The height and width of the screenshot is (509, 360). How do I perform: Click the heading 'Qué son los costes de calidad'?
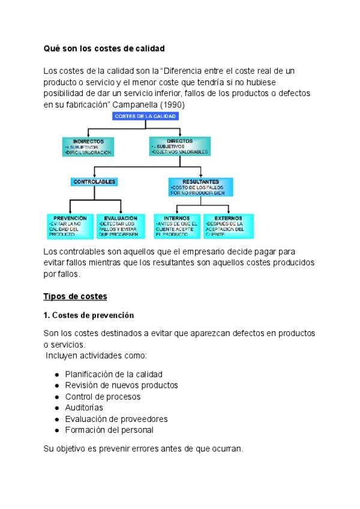pos(104,48)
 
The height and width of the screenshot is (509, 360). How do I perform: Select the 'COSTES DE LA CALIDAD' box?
pos(145,116)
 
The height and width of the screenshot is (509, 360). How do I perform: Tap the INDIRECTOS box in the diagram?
pos(88,147)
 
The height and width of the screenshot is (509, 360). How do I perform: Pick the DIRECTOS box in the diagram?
pos(181,147)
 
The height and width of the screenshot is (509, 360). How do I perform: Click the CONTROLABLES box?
pos(94,181)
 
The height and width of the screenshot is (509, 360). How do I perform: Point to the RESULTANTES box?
pos(200,187)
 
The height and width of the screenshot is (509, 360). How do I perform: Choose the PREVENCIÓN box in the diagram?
pos(70,226)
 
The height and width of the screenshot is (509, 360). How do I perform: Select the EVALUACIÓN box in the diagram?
pos(121,226)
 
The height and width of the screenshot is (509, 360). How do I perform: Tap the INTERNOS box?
pos(176,226)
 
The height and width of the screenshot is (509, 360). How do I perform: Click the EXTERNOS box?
pos(228,226)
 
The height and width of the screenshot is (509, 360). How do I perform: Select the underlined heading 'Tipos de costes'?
pos(75,297)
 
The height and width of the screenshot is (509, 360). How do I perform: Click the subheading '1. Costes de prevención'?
pos(89,315)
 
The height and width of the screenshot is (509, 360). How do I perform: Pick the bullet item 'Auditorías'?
pos(84,408)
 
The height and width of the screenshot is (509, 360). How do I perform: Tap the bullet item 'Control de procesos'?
pos(103,397)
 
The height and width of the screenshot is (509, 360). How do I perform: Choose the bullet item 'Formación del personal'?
pos(109,430)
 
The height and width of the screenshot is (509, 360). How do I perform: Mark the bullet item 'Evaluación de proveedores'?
pos(116,419)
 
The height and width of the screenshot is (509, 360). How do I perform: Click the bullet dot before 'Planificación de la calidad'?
pos(56,375)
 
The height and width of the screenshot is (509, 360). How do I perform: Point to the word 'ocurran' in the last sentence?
pos(227,448)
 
